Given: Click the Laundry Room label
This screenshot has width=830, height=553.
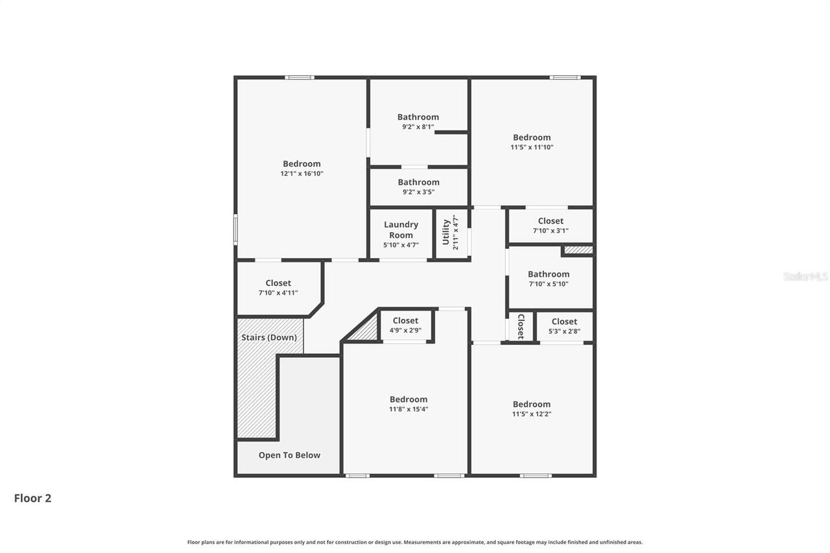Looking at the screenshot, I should point(401,229).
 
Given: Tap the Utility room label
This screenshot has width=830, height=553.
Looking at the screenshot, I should point(446,232).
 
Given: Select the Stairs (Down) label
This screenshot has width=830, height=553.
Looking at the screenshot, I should point(269,337).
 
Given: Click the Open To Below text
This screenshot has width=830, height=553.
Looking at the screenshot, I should point(289,455).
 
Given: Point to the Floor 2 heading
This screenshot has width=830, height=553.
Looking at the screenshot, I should point(32,498).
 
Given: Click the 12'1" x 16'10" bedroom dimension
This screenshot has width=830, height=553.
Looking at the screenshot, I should point(302,174).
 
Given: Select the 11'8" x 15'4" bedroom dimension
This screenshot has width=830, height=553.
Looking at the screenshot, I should point(409,409).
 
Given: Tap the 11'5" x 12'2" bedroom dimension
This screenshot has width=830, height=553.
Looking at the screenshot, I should point(532,414).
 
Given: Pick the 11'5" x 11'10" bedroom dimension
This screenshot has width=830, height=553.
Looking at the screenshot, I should point(532,147).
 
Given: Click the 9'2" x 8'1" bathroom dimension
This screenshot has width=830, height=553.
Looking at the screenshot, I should point(418,127).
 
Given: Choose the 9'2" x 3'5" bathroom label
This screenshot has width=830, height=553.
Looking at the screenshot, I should point(418,182).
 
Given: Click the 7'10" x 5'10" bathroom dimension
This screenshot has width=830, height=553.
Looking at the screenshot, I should point(549,274).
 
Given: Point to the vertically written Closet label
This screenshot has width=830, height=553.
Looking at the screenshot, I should point(520,327).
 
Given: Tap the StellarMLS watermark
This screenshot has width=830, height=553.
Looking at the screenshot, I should point(805,276).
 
